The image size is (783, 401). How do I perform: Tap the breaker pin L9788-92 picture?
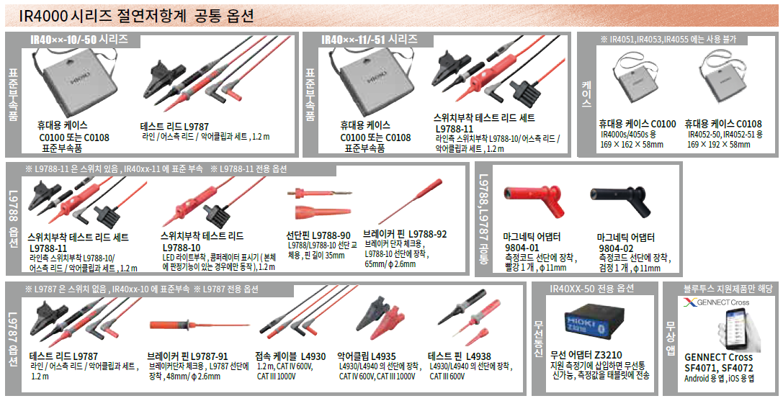(x=411, y=202)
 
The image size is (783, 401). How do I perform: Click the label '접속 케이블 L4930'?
(x=290, y=356)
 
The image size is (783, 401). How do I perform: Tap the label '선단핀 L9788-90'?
(x=318, y=235)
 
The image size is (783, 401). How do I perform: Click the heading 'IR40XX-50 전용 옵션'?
(x=591, y=289)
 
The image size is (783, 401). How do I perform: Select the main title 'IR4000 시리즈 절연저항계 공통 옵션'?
(x=136, y=17)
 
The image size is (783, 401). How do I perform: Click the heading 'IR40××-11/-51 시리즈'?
(x=370, y=39)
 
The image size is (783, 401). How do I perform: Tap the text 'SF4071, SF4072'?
(x=719, y=368)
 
